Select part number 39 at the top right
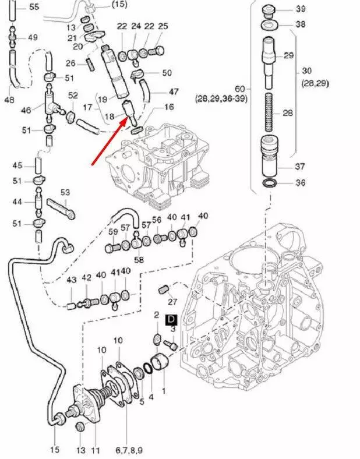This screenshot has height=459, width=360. [301, 9]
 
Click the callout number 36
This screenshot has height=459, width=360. [301, 183]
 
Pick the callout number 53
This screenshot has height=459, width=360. [65, 192]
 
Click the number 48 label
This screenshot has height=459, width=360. [9, 100]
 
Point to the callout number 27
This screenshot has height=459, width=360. [172, 302]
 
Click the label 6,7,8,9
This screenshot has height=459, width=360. [129, 450]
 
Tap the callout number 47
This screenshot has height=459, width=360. [174, 91]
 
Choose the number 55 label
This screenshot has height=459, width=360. [34, 7]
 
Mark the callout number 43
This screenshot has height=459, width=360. [71, 280]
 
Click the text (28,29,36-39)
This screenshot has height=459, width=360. [221, 99]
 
